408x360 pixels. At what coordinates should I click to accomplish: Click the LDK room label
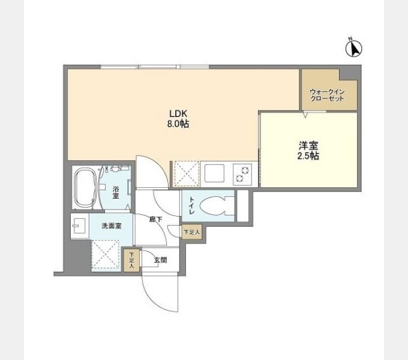click(x=178, y=113)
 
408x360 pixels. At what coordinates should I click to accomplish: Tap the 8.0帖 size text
click(x=178, y=124)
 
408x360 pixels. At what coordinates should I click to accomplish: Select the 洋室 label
click(x=308, y=145)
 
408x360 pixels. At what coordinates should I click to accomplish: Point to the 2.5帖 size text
click(x=308, y=155)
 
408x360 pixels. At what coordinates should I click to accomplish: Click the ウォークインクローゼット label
click(x=328, y=95)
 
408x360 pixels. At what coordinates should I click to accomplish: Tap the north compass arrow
click(x=354, y=49)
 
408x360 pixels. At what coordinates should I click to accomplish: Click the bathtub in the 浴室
click(x=85, y=187)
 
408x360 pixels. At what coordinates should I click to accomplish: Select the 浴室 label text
click(x=116, y=193)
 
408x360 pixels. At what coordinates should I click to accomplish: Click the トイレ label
click(x=191, y=206)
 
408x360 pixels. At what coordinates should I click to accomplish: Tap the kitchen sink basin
click(x=214, y=173)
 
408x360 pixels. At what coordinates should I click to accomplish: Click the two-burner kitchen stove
click(x=242, y=174)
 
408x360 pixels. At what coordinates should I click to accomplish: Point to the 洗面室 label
click(x=112, y=226)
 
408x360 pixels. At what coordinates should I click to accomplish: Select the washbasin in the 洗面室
click(x=79, y=226)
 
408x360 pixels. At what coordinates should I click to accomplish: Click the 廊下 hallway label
click(x=155, y=220)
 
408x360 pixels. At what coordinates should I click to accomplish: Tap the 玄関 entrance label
click(x=160, y=260)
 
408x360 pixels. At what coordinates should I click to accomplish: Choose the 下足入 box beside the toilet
click(x=192, y=232)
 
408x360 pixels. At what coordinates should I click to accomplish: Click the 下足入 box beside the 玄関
click(x=131, y=260)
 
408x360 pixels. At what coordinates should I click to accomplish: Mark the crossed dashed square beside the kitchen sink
click(x=187, y=174)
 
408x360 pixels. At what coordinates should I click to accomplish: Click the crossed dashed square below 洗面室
click(x=106, y=254)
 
